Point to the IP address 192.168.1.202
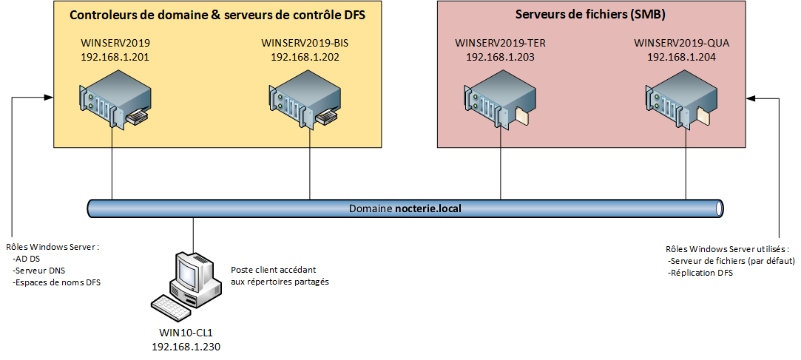point(305,56)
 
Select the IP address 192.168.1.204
point(681,56)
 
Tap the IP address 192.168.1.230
point(186,346)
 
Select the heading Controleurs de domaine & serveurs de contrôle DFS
point(217,15)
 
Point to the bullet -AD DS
point(27,259)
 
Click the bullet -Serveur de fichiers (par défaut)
point(731,261)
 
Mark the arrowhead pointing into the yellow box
point(49,97)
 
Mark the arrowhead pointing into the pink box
point(751,97)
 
